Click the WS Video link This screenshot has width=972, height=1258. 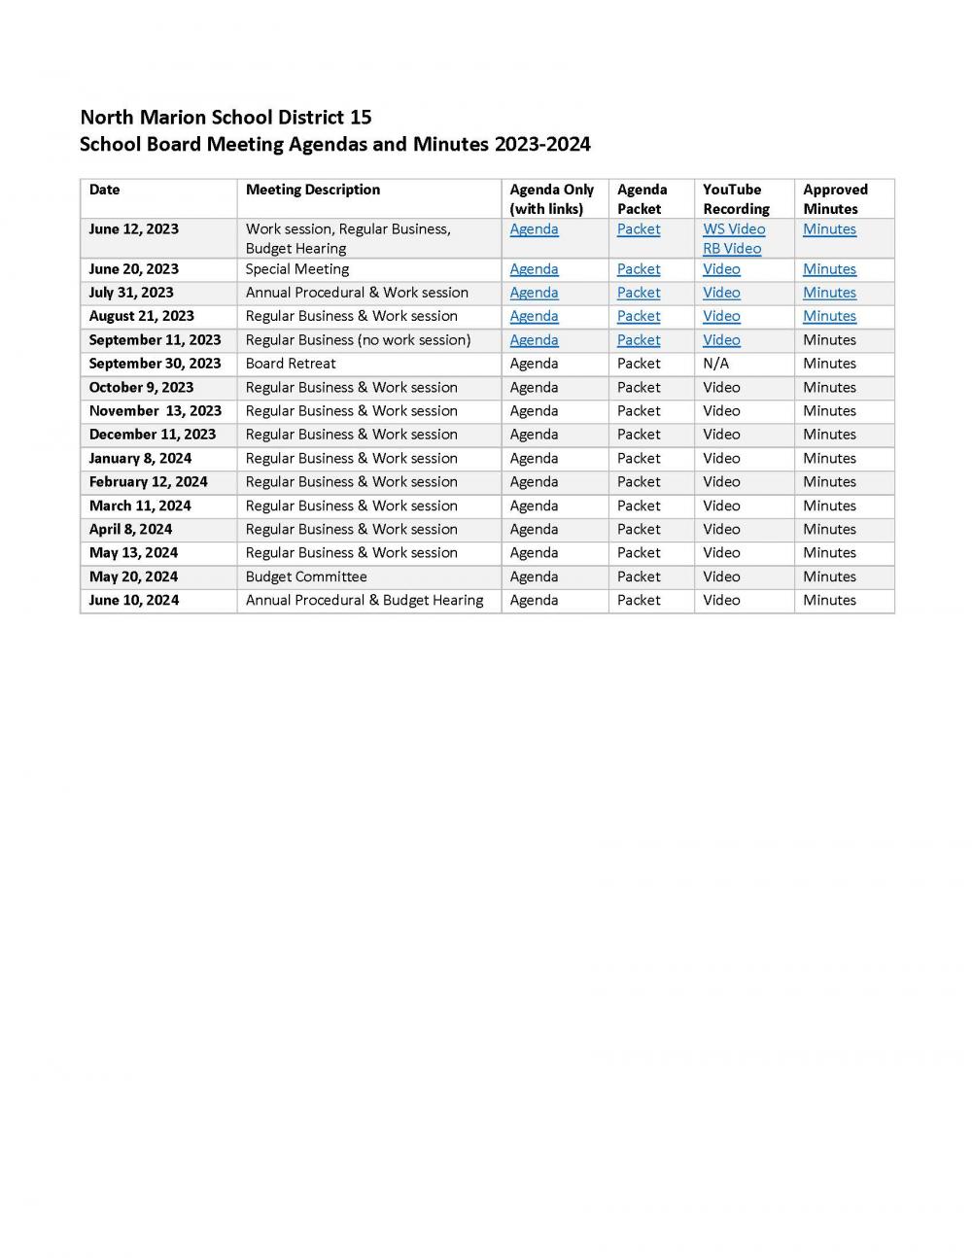[734, 229]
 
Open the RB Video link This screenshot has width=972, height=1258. [732, 249]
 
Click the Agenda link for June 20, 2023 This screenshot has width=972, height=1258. [534, 269]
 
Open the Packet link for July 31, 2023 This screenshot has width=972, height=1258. [639, 293]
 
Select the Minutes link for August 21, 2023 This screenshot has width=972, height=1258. [829, 316]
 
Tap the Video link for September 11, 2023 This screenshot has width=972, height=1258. [721, 340]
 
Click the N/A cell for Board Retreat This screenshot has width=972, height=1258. [715, 364]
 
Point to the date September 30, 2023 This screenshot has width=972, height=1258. [155, 364]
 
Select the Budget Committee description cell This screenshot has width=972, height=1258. [306, 577]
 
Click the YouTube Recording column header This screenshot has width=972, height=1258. [736, 199]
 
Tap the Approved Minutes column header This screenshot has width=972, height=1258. [835, 199]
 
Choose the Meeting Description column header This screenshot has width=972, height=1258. [313, 190]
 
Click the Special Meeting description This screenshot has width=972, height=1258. [297, 269]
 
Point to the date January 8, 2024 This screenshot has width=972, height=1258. [140, 458]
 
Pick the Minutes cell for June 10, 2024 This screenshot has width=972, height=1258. [829, 600]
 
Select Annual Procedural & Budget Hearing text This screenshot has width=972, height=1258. [364, 600]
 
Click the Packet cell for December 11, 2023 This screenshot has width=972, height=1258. [639, 435]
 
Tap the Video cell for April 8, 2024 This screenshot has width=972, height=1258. [721, 529]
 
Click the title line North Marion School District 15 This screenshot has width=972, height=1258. [226, 118]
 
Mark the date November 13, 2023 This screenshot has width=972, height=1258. [155, 411]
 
